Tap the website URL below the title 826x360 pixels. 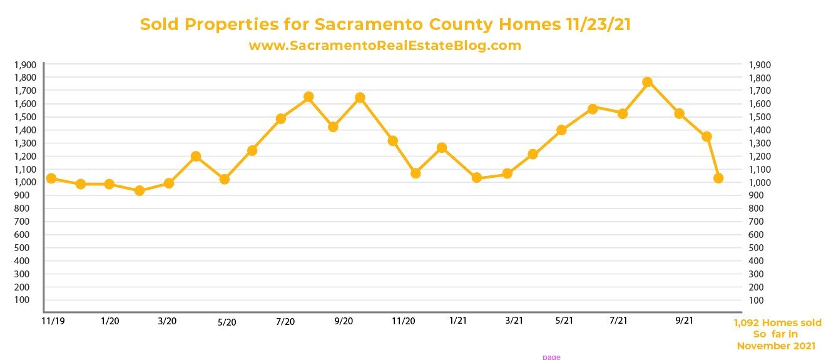(x=385, y=46)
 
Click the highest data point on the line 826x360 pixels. (x=647, y=82)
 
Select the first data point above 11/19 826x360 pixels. (x=51, y=178)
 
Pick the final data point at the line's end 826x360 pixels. (x=718, y=178)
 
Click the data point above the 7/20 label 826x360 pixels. (x=280, y=118)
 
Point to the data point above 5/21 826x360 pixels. (x=561, y=130)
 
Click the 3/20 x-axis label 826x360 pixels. (x=167, y=321)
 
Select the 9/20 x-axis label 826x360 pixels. (x=344, y=321)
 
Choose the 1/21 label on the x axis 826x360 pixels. (x=457, y=321)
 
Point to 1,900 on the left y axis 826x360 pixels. (x=27, y=64)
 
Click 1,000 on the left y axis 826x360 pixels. (x=27, y=182)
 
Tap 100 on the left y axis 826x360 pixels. (x=29, y=300)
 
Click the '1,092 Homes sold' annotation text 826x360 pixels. (x=777, y=323)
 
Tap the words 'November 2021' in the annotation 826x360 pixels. (x=777, y=346)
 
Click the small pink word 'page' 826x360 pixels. (x=551, y=357)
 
